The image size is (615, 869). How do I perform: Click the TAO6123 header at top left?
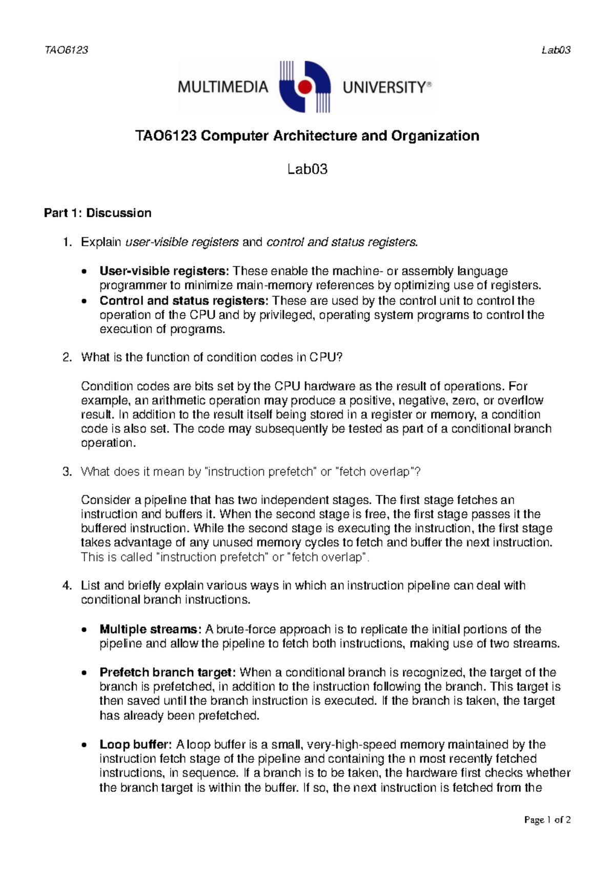click(66, 50)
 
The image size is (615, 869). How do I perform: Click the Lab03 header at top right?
click(556, 50)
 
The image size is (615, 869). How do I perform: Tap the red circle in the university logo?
click(305, 87)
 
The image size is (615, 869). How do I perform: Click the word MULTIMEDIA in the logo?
click(223, 87)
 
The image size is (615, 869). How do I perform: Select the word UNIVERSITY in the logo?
click(384, 88)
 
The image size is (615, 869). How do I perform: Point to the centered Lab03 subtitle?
click(307, 169)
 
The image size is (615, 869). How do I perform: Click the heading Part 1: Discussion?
click(97, 213)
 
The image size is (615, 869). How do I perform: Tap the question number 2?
click(67, 357)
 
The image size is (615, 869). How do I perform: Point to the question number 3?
click(67, 471)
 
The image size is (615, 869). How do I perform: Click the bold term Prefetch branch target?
click(168, 672)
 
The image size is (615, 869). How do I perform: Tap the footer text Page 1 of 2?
click(547, 820)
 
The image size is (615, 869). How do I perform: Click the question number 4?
click(67, 585)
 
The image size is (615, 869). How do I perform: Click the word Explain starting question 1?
click(101, 242)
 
